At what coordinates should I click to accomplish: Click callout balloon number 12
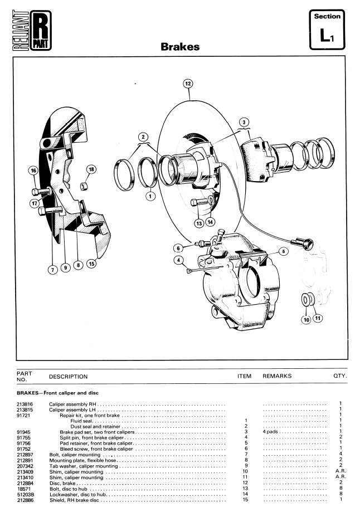pyautogui.click(x=188, y=84)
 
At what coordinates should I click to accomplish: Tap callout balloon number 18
pyautogui.click(x=91, y=169)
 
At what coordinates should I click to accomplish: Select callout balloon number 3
pyautogui.click(x=244, y=122)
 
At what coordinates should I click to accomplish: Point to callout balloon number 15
pyautogui.click(x=92, y=264)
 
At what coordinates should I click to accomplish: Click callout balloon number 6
pyautogui.click(x=178, y=248)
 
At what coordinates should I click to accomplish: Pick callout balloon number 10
pyautogui.click(x=307, y=320)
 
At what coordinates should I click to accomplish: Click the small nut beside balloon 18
pyautogui.click(x=84, y=186)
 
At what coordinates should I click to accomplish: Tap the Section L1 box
pyautogui.click(x=327, y=30)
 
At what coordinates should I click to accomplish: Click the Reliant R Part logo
pyautogui.click(x=32, y=31)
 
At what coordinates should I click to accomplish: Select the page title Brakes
pyautogui.click(x=180, y=47)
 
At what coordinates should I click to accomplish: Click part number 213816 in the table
pyautogui.click(x=25, y=404)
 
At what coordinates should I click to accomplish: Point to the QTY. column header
pyautogui.click(x=340, y=376)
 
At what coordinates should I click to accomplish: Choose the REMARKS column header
pyautogui.click(x=277, y=376)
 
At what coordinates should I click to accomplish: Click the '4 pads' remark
pyautogui.click(x=270, y=432)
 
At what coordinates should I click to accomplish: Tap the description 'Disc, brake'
pyautogui.click(x=62, y=483)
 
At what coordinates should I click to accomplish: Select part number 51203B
pyautogui.click(x=25, y=494)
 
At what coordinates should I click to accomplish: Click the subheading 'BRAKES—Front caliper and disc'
pyautogui.click(x=57, y=393)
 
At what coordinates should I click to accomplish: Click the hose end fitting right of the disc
pyautogui.click(x=303, y=242)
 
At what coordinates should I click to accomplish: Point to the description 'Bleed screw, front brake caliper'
pyautogui.click(x=96, y=449)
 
